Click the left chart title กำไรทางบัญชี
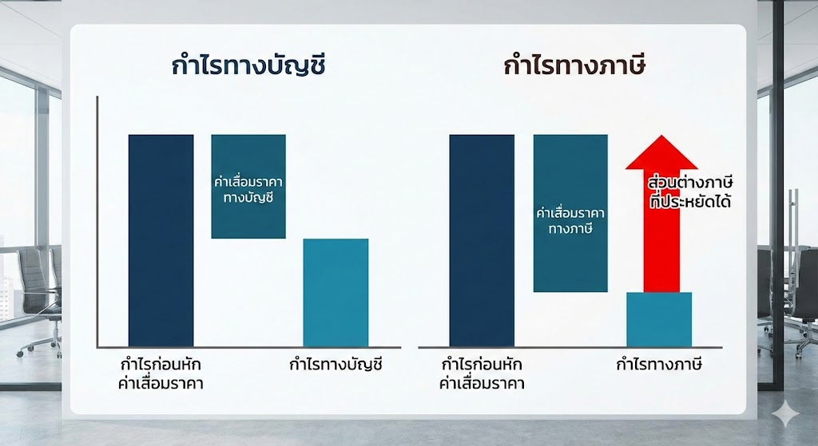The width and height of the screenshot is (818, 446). point(248,66)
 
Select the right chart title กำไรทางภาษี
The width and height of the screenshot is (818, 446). point(574,66)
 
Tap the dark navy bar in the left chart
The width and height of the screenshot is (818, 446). point(161,239)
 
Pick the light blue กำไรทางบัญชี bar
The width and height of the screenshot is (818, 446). point(336,292)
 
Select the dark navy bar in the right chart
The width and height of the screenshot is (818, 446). point(482,239)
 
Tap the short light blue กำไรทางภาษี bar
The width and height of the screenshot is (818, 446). point(658,319)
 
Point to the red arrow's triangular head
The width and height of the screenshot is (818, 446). point(661,155)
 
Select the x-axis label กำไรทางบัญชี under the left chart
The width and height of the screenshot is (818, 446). point(336,366)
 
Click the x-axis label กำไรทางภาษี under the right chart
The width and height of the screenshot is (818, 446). point(658,366)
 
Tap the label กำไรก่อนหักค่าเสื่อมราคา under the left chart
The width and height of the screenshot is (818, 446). point(161,374)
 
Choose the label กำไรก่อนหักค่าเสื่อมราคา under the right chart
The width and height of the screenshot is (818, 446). point(482,374)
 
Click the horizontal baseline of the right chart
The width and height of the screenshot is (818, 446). point(571,347)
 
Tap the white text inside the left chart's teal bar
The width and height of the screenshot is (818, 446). point(248,189)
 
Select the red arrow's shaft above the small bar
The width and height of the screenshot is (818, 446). point(661,239)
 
